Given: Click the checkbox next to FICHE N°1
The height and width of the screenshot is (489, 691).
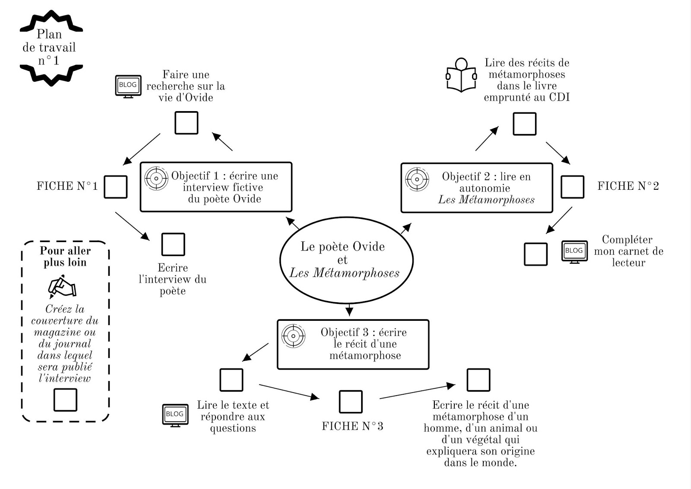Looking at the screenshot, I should pos(116,187).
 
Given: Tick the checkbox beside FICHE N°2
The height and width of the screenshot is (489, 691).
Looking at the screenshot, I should pos(572,187).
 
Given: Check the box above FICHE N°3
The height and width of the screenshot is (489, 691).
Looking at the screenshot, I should pos(351,402).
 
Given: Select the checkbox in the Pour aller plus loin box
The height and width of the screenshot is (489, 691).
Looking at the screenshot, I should pos(65,400).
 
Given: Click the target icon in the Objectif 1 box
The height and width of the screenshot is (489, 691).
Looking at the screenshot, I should pos(156,178).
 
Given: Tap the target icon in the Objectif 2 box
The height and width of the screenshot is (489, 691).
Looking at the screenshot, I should pos(417,179).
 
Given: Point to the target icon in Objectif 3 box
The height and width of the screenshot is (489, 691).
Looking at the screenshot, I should pos(293,336).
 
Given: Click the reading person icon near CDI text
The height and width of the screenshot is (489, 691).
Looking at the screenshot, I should pos(461,75).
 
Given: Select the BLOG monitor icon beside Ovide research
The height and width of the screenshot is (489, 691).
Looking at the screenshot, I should pos(128,86).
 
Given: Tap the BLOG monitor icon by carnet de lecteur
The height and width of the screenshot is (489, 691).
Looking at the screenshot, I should pos(574,252).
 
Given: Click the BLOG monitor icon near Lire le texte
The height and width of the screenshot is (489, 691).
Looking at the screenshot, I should pos(175,415).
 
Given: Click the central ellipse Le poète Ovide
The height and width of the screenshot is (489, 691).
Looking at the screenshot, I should pos(346,259).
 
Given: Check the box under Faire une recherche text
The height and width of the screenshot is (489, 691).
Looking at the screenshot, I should pos(186,123).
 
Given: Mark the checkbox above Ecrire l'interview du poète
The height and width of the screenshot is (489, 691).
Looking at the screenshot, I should pos(173,244).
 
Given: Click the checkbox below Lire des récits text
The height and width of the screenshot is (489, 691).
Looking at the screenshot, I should pos(524,124).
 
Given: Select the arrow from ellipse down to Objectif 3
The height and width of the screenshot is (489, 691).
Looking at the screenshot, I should pos(349,310).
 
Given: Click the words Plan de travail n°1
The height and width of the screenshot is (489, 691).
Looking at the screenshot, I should pos(49,47).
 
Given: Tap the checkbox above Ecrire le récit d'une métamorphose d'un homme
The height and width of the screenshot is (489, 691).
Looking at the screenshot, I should pos(479,380).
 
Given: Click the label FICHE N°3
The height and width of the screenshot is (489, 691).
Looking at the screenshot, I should pos(352,426).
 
